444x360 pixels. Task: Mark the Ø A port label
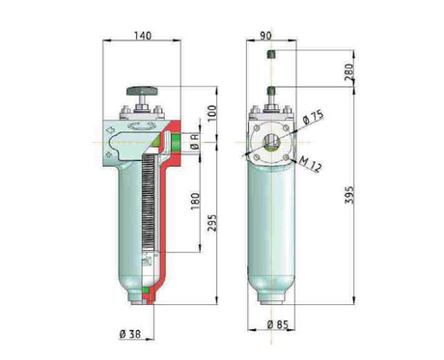(x=193, y=142)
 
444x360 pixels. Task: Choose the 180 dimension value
(x=193, y=200)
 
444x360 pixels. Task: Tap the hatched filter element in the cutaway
(x=148, y=208)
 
